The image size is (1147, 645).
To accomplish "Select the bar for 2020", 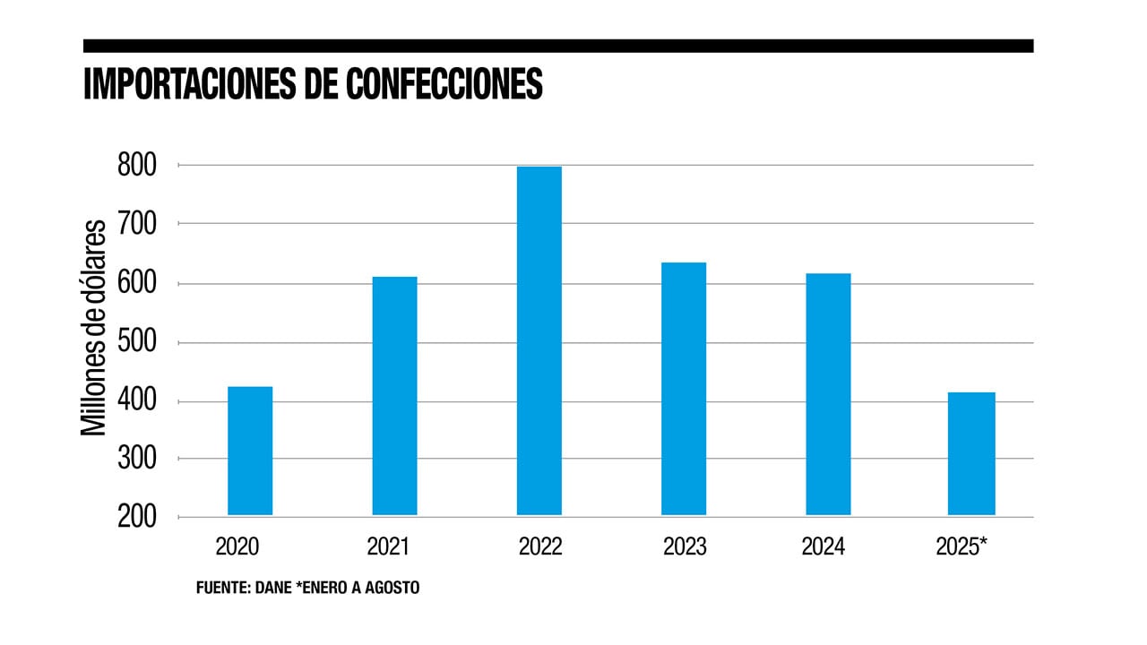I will pyautogui.click(x=250, y=451).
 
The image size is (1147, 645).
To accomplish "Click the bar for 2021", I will pyautogui.click(x=394, y=396).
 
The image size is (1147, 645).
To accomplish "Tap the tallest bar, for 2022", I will pyautogui.click(x=539, y=340).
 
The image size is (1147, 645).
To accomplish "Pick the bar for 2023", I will pyautogui.click(x=684, y=389).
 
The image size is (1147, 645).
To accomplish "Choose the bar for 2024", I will pyautogui.click(x=828, y=394).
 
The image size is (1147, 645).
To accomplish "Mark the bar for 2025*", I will pyautogui.click(x=972, y=453).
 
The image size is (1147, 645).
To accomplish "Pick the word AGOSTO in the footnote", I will pyautogui.click(x=392, y=589).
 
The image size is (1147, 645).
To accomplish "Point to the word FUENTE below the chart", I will pyautogui.click(x=222, y=589).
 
